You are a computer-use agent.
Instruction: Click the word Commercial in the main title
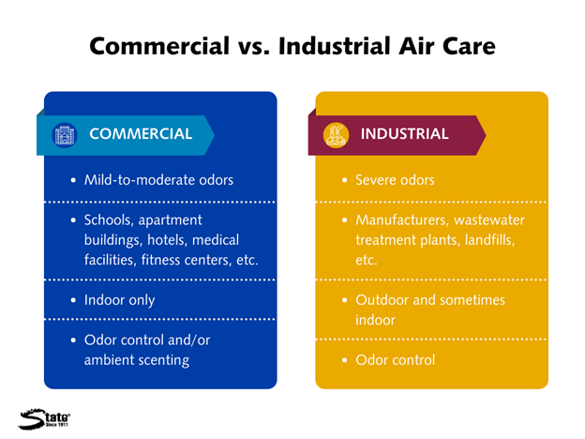click(159, 46)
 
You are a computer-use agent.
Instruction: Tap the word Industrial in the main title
click(335, 46)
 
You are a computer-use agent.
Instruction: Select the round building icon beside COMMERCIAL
click(65, 135)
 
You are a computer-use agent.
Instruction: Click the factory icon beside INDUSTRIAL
click(336, 135)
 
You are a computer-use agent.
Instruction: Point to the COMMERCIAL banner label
click(141, 133)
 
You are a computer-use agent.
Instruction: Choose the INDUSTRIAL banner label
click(404, 133)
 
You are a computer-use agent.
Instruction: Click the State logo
click(44, 419)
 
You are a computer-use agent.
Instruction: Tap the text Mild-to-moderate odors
click(158, 180)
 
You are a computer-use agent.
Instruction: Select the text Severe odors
click(395, 180)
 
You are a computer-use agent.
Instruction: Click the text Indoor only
click(119, 300)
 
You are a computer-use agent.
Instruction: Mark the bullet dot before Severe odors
click(344, 180)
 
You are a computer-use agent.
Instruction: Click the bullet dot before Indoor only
click(73, 300)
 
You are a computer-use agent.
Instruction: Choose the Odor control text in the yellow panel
click(395, 360)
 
